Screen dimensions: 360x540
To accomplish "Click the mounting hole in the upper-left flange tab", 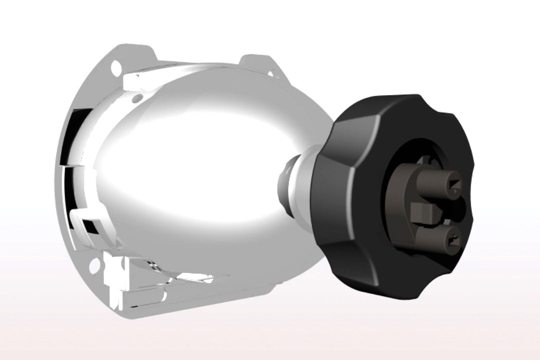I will pyautogui.click(x=116, y=65).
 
